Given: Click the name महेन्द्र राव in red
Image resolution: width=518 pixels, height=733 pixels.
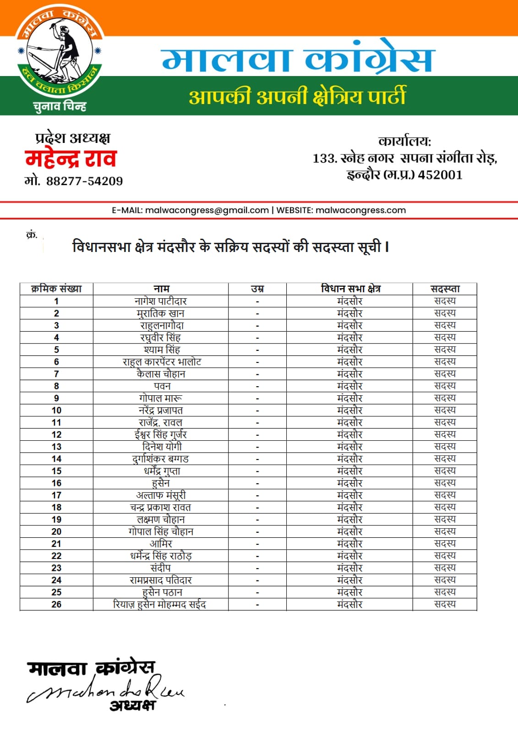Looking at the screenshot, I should click(71, 159).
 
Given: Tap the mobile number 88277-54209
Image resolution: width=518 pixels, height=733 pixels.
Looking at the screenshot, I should click(84, 181).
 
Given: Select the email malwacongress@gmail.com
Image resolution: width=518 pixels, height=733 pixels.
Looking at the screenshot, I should click(207, 210).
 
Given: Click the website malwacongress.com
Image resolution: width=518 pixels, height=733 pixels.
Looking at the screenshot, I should click(360, 210).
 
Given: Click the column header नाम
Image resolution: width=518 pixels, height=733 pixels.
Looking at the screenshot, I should click(161, 289).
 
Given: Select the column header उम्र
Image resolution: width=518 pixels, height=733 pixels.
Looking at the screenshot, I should click(257, 289).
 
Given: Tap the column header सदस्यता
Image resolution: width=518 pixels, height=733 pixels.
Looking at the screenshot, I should click(445, 289).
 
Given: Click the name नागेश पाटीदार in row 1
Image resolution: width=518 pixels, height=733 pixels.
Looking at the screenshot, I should click(161, 301).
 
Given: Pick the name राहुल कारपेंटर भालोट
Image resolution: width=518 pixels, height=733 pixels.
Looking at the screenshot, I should click(162, 362).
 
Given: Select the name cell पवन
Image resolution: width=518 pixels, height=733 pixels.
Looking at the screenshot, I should click(162, 386).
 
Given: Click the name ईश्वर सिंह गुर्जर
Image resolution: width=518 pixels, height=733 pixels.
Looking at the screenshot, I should click(161, 434).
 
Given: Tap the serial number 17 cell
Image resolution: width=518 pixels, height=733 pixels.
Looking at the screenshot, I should click(56, 495).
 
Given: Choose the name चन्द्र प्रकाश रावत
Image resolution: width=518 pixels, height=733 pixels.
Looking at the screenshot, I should click(160, 508).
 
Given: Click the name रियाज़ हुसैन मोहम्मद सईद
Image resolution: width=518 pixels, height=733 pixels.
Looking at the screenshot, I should click(159, 604).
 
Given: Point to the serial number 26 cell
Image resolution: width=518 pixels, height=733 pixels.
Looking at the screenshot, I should click(56, 604).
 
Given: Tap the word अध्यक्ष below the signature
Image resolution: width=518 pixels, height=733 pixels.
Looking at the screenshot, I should click(132, 705).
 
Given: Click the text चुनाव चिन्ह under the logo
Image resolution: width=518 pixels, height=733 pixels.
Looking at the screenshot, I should click(60, 107).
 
